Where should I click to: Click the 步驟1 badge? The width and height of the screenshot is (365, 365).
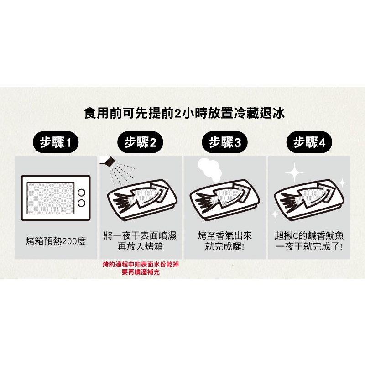[55, 142]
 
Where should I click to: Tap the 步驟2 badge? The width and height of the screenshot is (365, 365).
[140, 142]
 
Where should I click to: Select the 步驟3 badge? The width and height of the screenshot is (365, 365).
[224, 142]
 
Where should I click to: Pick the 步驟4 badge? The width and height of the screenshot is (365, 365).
[309, 142]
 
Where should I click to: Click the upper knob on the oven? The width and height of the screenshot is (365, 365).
[82, 193]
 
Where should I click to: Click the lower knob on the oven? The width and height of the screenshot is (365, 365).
[82, 203]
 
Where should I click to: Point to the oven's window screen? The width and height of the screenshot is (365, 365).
[51, 198]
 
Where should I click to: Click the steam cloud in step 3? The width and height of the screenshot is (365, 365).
[209, 169]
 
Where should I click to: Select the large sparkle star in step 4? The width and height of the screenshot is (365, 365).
[294, 173]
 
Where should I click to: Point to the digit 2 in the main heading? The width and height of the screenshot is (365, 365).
[177, 114]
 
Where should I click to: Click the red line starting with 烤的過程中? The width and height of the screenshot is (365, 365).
[141, 265]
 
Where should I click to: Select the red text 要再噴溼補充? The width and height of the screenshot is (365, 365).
[141, 272]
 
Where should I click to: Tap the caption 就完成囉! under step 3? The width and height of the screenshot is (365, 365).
[224, 246]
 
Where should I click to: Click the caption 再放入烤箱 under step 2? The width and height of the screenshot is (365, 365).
[140, 246]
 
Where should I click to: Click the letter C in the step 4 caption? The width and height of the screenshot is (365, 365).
[295, 236]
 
